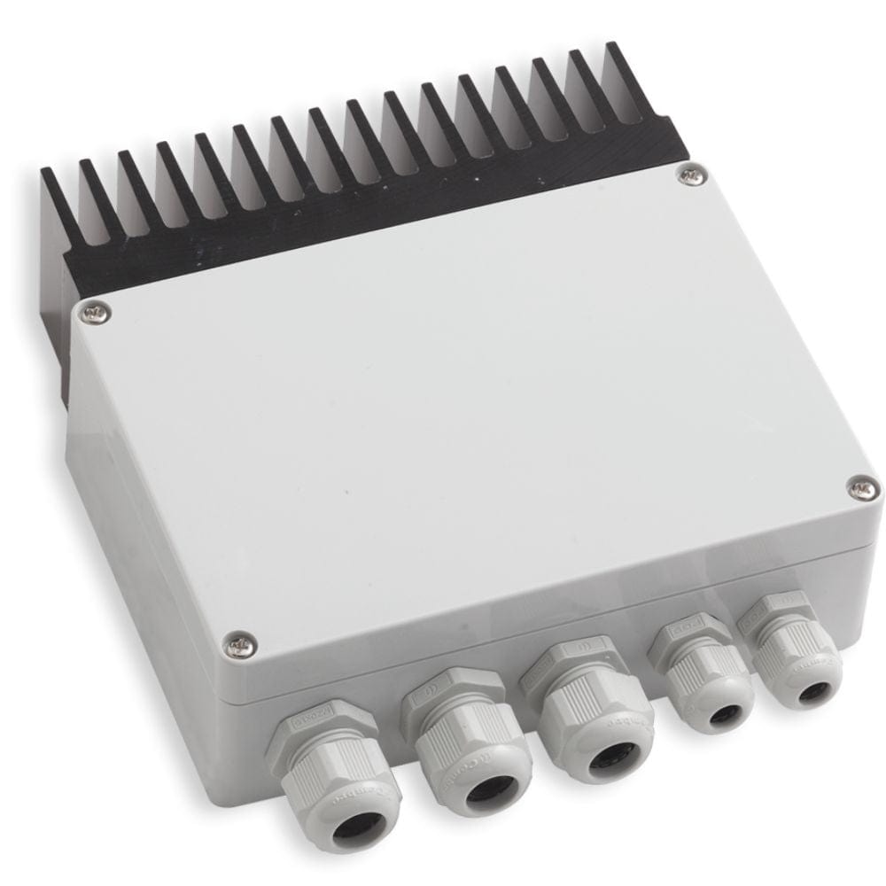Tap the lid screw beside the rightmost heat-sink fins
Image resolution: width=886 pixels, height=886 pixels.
pyautogui.click(x=691, y=175)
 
